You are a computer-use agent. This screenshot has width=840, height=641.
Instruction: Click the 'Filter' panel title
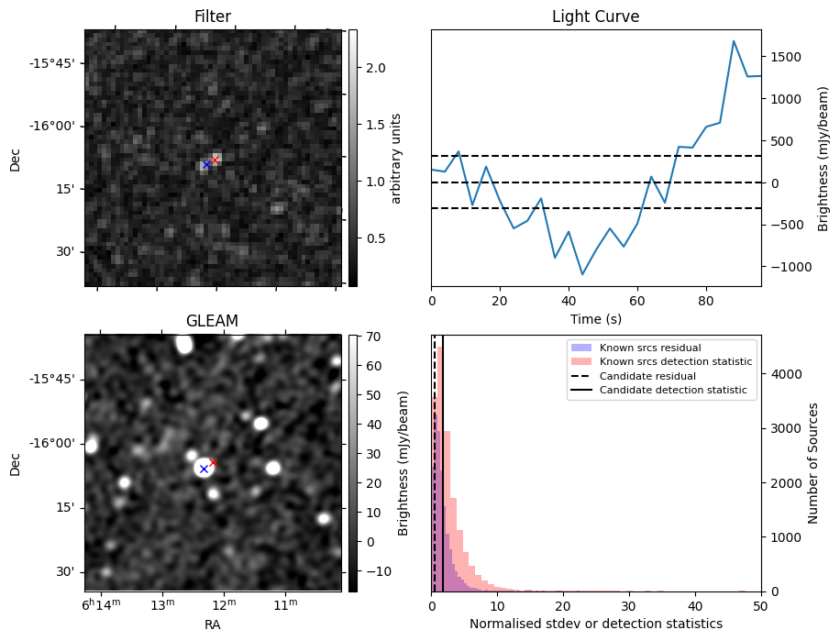(x=213, y=17)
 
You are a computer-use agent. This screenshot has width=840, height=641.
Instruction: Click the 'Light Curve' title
(x=595, y=17)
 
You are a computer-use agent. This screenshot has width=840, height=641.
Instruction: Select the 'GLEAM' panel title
(x=213, y=321)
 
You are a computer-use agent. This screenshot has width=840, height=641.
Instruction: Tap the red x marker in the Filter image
(x=216, y=160)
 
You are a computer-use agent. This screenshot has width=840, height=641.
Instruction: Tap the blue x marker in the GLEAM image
(x=204, y=469)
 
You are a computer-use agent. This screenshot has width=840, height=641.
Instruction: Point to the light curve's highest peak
(x=734, y=41)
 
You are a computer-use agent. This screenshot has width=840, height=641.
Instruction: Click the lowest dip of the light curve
(x=582, y=274)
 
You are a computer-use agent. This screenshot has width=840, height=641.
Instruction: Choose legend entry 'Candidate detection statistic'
(x=672, y=391)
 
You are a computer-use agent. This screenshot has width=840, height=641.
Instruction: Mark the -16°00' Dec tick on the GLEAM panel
(x=58, y=443)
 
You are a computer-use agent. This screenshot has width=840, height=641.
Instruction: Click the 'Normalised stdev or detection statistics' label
(x=595, y=624)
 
